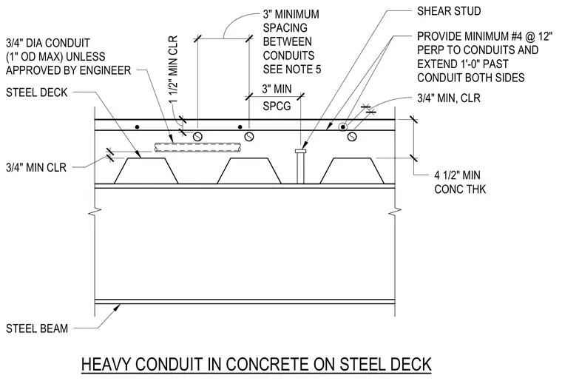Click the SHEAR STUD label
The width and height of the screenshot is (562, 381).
(x=449, y=11)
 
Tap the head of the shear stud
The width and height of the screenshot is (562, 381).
(x=301, y=151)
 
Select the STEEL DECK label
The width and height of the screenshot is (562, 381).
(x=36, y=92)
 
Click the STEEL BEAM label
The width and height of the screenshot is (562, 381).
(x=37, y=328)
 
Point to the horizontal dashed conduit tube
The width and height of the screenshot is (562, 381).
(x=198, y=147)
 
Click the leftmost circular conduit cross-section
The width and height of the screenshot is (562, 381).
(x=198, y=137)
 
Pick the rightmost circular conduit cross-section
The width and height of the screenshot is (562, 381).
(x=352, y=137)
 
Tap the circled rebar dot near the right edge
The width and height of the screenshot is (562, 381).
(x=343, y=127)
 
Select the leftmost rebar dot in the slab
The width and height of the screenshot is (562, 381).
(x=137, y=127)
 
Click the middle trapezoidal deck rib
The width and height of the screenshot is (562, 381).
(x=249, y=171)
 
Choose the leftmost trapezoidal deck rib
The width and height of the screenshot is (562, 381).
(x=146, y=171)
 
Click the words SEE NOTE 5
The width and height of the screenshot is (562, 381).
(x=292, y=70)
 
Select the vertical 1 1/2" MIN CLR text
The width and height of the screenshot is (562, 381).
(x=174, y=70)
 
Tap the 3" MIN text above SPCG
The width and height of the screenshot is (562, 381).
(x=277, y=89)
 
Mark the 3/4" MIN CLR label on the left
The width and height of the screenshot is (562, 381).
(x=36, y=167)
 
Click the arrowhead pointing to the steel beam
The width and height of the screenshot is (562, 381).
(x=117, y=307)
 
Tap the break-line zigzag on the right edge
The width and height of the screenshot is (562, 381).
(x=395, y=212)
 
